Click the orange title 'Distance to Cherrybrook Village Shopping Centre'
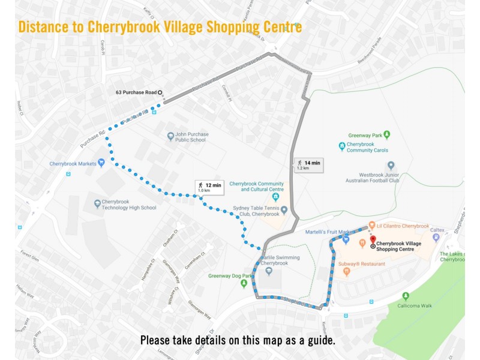pyautogui.click(x=160, y=27)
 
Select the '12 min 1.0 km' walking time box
pyautogui.click(x=209, y=188)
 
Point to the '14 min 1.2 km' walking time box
pyautogui.click(x=308, y=165)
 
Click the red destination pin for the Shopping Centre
pyautogui.click(x=373, y=239)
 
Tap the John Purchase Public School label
pyautogui.click(x=190, y=137)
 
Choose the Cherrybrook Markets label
pyautogui.click(x=73, y=163)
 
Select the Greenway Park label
pyautogui.click(x=365, y=135)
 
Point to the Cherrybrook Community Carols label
pyautogui.click(x=367, y=147)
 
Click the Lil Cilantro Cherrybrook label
pyautogui.click(x=402, y=226)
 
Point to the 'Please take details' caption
pyautogui.click(x=238, y=340)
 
